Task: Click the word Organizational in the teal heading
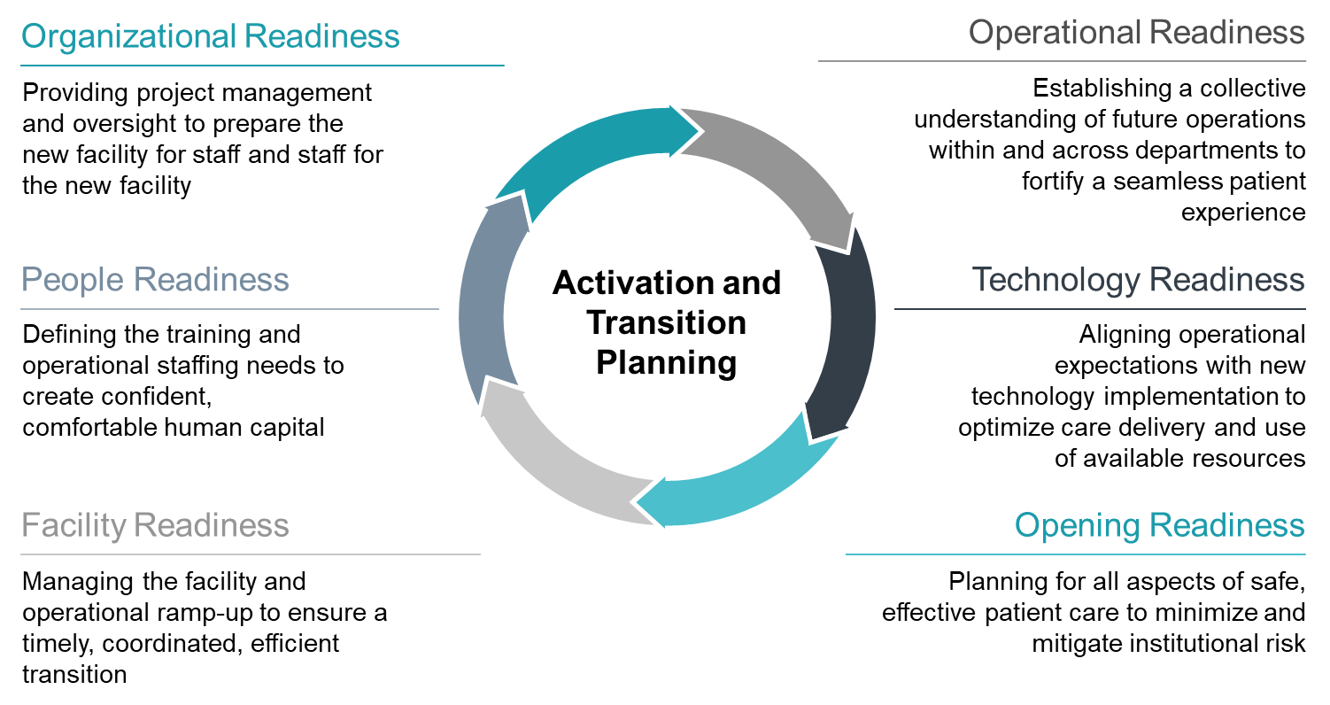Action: pyautogui.click(x=128, y=37)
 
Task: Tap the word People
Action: pyautogui.click(x=72, y=280)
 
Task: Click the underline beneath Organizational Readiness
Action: pyautogui.click(x=262, y=66)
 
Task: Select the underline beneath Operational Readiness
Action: pyautogui.click(x=1062, y=61)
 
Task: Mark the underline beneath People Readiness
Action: pyautogui.click(x=229, y=309)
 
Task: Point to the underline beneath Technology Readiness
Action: pyautogui.click(x=1100, y=309)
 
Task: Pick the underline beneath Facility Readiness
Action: pyautogui.click(x=250, y=554)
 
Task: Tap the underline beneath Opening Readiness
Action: pyautogui.click(x=1075, y=554)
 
